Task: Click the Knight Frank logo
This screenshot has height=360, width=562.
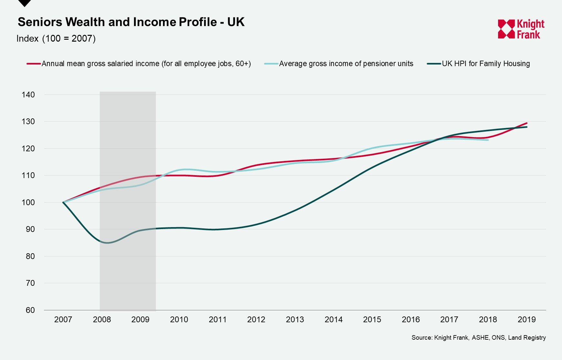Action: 521,29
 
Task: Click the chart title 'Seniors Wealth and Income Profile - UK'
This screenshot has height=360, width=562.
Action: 131,22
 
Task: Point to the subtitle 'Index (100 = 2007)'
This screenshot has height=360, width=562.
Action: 56,38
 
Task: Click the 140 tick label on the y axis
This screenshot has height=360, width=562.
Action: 28,95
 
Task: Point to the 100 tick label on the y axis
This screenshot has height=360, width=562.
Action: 28,203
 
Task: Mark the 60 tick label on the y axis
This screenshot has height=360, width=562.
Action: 30,310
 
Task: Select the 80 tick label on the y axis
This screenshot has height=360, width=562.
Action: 30,256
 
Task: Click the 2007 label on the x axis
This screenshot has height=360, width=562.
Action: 63,319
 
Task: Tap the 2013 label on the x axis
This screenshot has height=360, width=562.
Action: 295,319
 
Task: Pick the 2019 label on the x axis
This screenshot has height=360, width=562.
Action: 526,319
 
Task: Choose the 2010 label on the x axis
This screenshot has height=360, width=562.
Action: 179,319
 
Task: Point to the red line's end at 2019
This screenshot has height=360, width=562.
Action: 527,123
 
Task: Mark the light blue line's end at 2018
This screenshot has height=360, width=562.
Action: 488,140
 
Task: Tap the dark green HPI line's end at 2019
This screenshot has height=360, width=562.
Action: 527,127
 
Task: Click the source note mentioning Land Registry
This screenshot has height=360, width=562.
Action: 478,337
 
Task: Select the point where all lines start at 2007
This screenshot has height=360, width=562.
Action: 63,202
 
